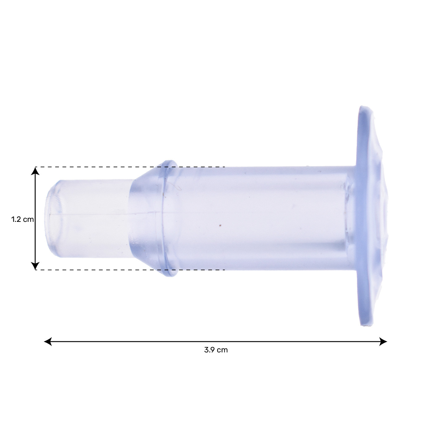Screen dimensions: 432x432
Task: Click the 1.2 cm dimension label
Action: coord(23,219)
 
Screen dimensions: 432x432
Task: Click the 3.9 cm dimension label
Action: coord(216,350)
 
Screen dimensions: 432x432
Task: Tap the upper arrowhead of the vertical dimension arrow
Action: coord(35,171)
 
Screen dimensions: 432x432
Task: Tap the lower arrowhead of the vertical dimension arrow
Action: coord(35,266)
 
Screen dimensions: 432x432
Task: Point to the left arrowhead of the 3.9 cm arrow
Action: coord(48,342)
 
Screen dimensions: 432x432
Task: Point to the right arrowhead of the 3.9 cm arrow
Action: coord(383,342)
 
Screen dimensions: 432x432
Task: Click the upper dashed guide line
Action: coord(130,167)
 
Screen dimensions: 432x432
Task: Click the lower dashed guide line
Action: coord(130,270)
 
